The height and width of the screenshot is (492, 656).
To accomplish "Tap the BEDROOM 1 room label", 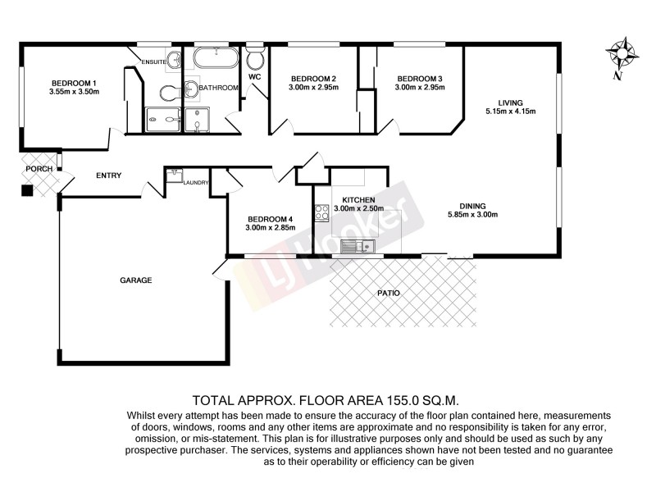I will coord(75,83).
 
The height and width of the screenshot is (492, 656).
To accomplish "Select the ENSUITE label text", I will coord(154,61).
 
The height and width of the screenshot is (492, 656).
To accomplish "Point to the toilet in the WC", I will coord(255,59).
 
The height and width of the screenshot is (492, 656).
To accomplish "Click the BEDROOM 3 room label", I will coord(419,78).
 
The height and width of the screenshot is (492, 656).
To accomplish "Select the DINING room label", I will coord(473,206).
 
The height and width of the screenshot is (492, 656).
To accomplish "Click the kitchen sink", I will coord(358,245).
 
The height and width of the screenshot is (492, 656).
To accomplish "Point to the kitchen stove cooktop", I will coord(321,213).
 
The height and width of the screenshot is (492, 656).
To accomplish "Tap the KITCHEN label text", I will coord(358,200).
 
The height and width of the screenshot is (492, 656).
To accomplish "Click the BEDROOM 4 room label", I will coord(269,218).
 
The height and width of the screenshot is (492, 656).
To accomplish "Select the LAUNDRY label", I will coord(196,183).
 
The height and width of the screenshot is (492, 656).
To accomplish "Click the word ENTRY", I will coord(108,175).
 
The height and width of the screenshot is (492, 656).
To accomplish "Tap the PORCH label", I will coord(39,169).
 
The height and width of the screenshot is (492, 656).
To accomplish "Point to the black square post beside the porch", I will coord(27,191).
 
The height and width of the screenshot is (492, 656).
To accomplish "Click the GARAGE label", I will coord(136,280).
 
